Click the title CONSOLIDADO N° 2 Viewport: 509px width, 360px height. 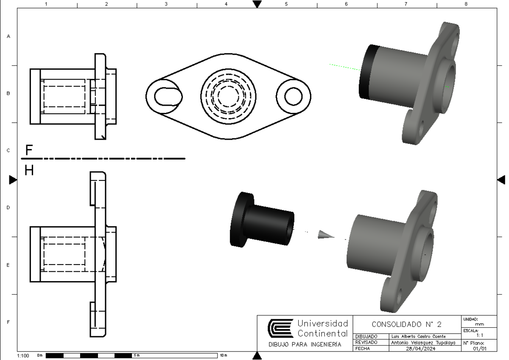tap(406, 324)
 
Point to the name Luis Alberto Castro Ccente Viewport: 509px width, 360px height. tap(417, 336)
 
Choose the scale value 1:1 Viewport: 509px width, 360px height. tap(480, 335)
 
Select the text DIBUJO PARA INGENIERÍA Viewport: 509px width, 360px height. tap(305, 344)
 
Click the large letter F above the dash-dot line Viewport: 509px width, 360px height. tap(29, 150)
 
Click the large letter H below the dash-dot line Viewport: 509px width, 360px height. tap(29, 170)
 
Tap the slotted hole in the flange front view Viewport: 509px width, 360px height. tap(168, 96)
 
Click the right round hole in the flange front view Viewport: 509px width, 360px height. tap(293, 96)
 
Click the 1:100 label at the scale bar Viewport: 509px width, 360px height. tap(23, 355)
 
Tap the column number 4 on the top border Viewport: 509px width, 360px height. tap(226, 4)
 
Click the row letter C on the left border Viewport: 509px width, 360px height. tap(8, 151)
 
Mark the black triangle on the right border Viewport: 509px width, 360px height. tap(501, 180)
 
